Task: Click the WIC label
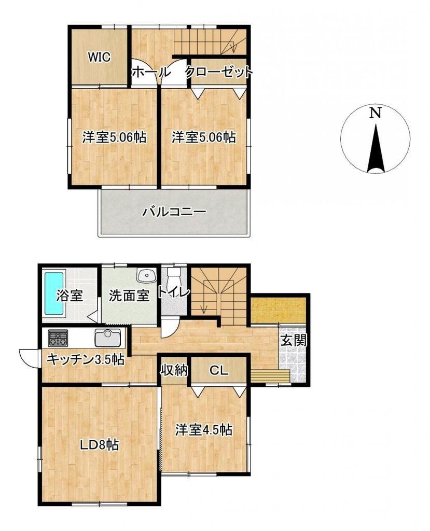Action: [x=99, y=57]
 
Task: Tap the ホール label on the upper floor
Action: [x=150, y=72]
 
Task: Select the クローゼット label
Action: [x=219, y=72]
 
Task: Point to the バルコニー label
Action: [x=174, y=212]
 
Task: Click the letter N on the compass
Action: [x=375, y=113]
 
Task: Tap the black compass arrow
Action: [x=376, y=148]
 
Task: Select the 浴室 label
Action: [x=70, y=296]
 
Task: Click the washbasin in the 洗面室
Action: [x=147, y=275]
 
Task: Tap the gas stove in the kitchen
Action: [x=58, y=338]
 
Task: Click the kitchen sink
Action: [x=108, y=338]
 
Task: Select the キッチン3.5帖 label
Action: [x=86, y=359]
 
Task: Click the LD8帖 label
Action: [x=99, y=444]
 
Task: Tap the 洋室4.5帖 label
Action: [x=204, y=430]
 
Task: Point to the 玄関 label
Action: [x=294, y=340]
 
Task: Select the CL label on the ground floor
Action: [x=218, y=371]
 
